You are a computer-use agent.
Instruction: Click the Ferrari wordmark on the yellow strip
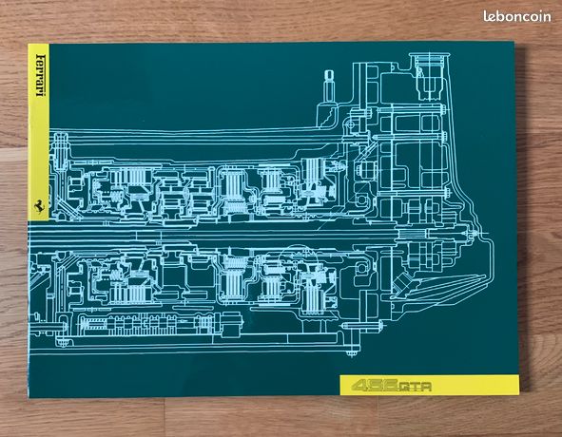pyautogui.click(x=40, y=75)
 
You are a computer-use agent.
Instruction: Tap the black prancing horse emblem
pyautogui.click(x=38, y=206)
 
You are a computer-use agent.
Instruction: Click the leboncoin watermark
pyautogui.click(x=517, y=16)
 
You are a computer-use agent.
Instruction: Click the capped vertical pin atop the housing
pyautogui.click(x=329, y=86)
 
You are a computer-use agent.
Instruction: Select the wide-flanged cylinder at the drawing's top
pyautogui.click(x=429, y=75)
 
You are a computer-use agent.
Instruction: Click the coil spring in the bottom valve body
pyautogui.click(x=94, y=325)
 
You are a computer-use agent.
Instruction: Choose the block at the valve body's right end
pyautogui.click(x=231, y=325)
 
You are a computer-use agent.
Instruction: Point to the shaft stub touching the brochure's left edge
pyautogui.click(x=42, y=327)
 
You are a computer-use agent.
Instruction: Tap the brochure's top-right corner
pyautogui.click(x=514, y=42)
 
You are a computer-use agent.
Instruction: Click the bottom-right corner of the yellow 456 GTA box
pyautogui.click(x=518, y=395)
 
